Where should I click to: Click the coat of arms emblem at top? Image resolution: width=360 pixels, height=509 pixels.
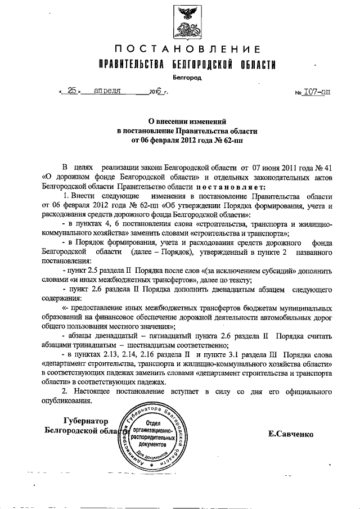point(187,20)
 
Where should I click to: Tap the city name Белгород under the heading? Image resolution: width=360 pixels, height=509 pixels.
point(187,78)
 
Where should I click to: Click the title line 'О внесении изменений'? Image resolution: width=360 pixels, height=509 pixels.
point(187,120)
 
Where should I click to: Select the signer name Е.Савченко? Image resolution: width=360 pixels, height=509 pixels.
point(291,434)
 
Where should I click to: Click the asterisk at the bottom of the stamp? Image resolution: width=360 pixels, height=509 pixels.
point(151,466)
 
